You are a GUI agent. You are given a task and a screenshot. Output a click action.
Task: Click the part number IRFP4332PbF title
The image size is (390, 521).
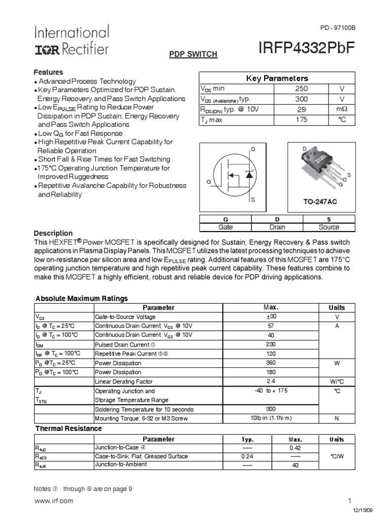point(306,47)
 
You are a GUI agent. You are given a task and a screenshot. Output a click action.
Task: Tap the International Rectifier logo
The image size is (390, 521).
point(71,41)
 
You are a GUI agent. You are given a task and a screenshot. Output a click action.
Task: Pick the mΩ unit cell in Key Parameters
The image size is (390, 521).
point(342,110)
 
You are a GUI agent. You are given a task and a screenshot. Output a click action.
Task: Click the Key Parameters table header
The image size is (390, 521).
point(277,78)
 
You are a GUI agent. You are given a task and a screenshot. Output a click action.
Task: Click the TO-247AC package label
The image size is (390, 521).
point(320,202)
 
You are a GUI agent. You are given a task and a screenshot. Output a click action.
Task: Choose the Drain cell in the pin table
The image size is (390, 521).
point(277,227)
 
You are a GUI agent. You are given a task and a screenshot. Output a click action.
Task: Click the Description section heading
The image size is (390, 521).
point(53,233)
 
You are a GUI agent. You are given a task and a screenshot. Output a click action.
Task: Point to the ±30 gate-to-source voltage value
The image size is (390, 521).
point(271,316)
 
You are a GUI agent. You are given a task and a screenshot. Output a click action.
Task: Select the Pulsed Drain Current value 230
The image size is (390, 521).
point(271,344)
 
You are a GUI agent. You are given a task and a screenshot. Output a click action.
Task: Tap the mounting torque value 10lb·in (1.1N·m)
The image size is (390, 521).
point(271,418)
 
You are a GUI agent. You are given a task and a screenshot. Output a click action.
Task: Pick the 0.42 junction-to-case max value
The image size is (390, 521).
point(295,448)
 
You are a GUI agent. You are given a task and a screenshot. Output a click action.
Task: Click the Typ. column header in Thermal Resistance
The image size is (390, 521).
point(247,439)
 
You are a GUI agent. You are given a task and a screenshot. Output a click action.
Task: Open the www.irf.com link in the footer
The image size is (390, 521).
point(53,501)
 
